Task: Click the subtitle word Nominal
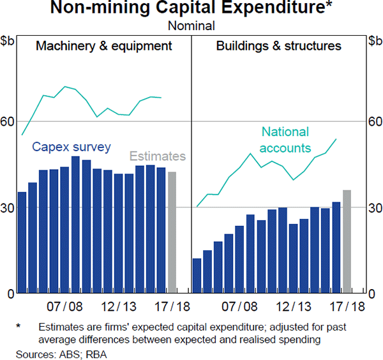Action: click(191, 26)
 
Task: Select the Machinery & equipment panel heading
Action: click(104, 46)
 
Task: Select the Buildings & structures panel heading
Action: click(278, 46)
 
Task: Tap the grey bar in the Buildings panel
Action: click(347, 241)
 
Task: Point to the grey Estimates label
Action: click(158, 156)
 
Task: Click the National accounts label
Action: click(285, 140)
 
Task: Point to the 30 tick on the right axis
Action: click(374, 207)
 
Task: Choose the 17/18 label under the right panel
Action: click(345, 306)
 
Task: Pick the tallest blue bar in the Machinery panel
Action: click(75, 225)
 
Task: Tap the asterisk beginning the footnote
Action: click(19, 327)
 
